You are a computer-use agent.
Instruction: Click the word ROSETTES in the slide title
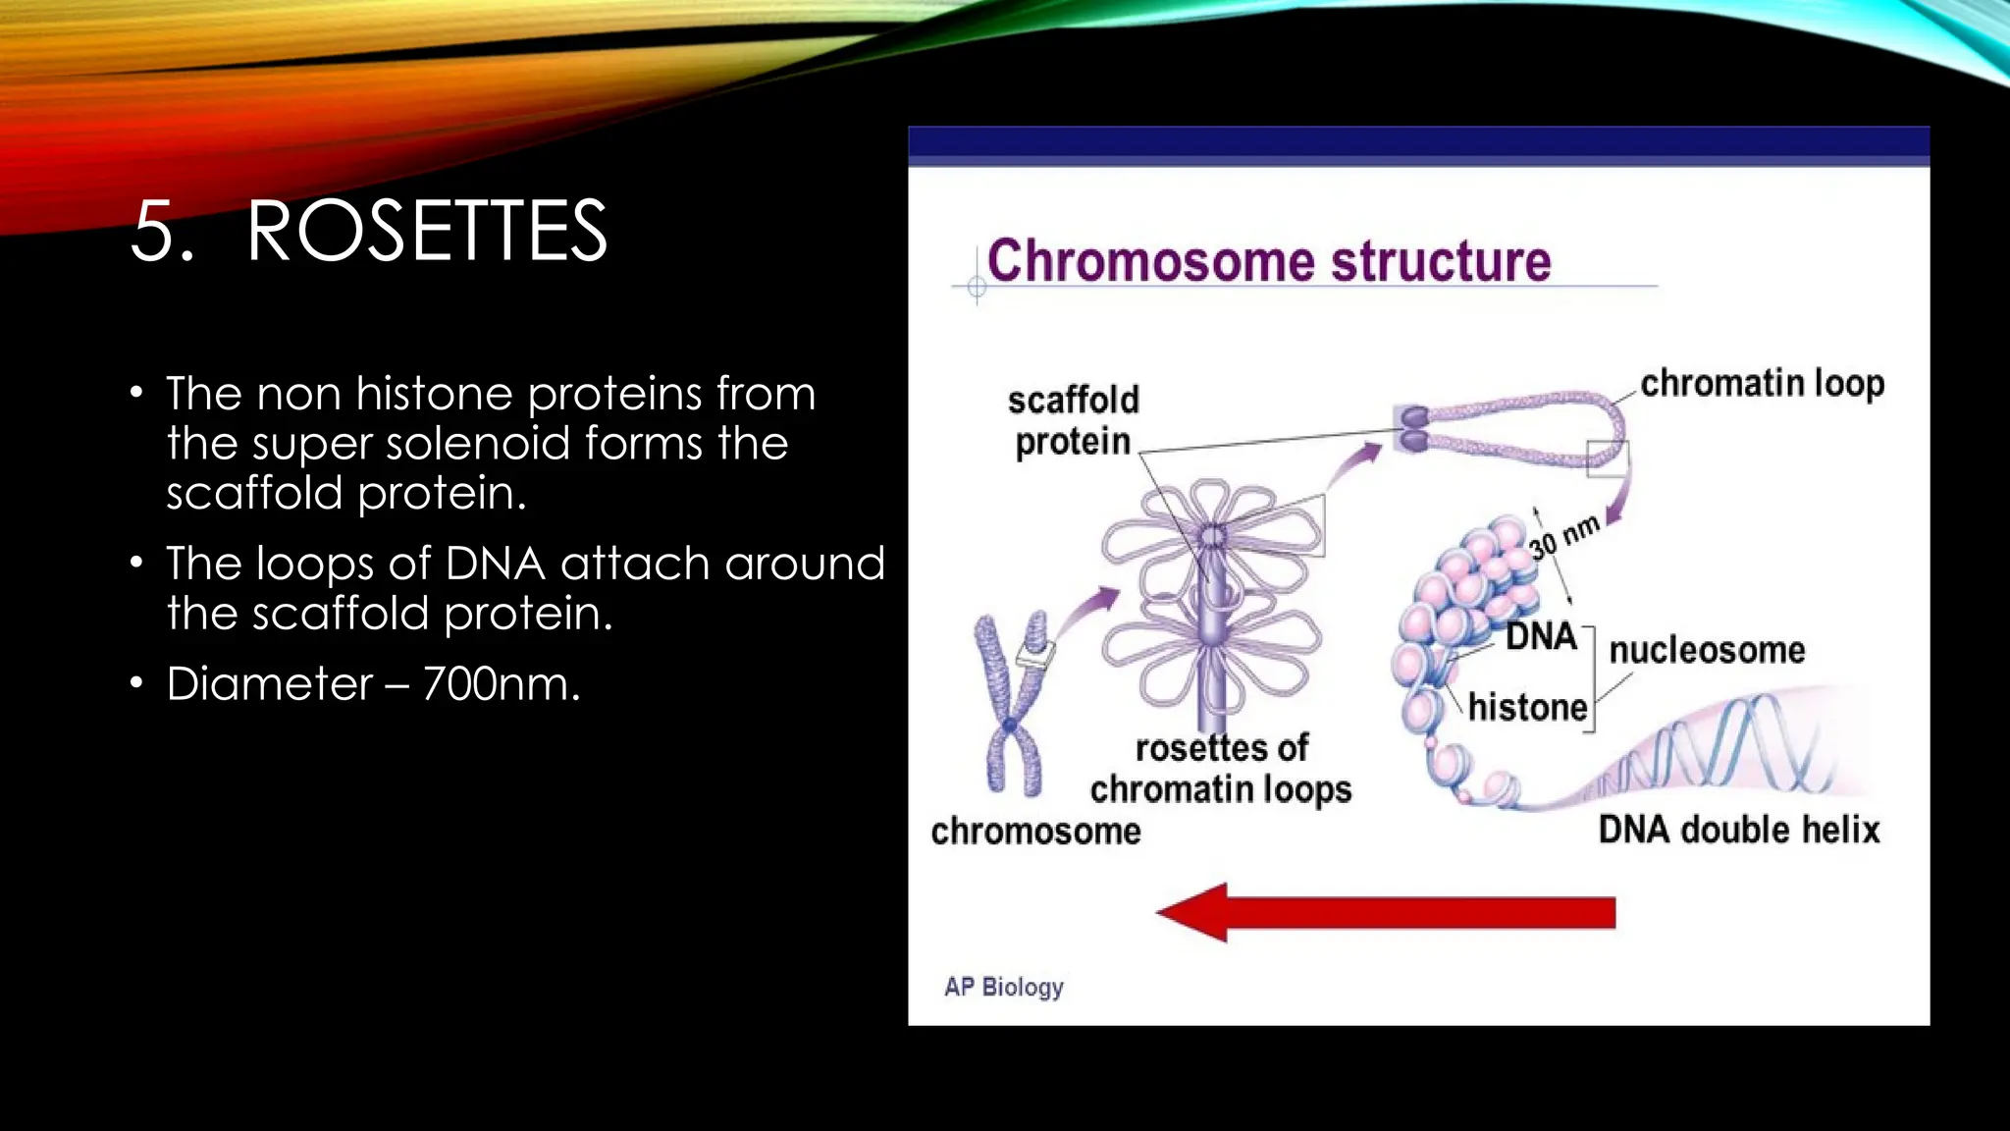coord(426,232)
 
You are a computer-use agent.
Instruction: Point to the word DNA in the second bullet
coord(495,564)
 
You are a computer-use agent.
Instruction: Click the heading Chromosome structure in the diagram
coord(1268,261)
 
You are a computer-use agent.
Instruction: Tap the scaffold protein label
coord(1073,420)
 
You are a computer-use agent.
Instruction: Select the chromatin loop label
coord(1762,383)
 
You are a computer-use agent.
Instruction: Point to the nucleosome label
coord(1707,650)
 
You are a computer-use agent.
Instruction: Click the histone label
coord(1527,707)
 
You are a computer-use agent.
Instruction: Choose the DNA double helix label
coord(1738,830)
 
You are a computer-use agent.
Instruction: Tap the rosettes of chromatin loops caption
coord(1220,769)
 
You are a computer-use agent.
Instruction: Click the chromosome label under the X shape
coord(1035,832)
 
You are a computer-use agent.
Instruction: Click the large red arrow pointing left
coord(1386,912)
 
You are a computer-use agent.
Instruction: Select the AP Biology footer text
coord(1003,987)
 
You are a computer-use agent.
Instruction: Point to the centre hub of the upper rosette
coord(1213,536)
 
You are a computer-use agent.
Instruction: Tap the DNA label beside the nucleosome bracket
coord(1541,636)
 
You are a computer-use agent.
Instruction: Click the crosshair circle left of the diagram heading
coord(977,287)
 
